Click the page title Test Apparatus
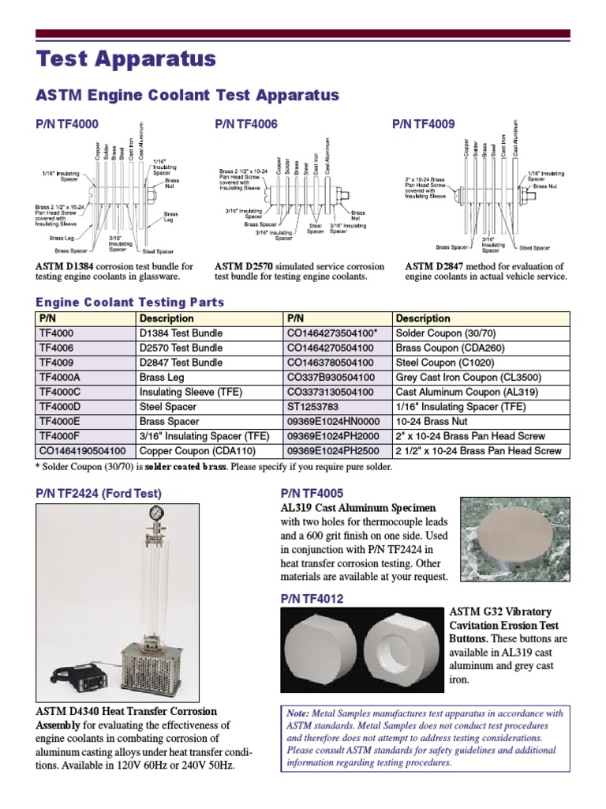[x=126, y=59]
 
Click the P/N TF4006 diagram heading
[x=246, y=124]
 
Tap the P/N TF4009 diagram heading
[x=424, y=124]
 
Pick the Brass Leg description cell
[x=163, y=377]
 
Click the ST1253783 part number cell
[x=313, y=406]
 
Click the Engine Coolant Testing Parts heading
[x=130, y=303]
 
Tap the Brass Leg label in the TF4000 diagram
[x=62, y=237]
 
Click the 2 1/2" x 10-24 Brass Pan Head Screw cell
[x=478, y=450]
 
